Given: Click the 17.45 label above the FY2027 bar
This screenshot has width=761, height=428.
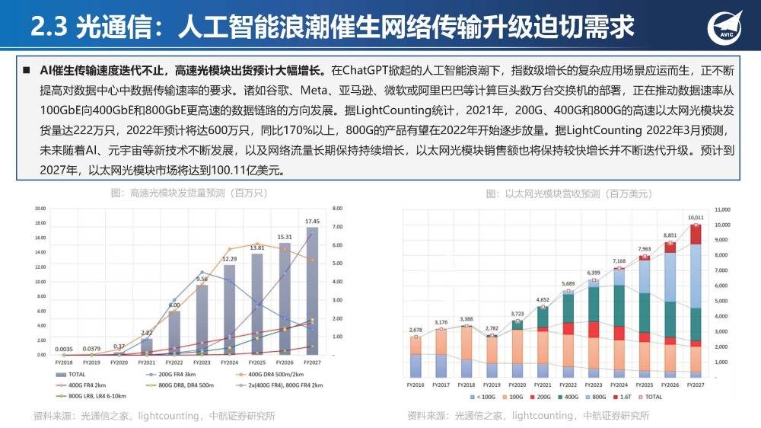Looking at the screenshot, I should (x=312, y=221).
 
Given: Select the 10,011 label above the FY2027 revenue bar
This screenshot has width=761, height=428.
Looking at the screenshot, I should (x=696, y=218).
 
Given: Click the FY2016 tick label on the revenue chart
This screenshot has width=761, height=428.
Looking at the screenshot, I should (x=416, y=386).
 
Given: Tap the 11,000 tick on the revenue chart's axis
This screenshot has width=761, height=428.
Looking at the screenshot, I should (x=723, y=209).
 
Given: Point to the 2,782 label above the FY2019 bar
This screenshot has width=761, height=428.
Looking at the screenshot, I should (x=492, y=328).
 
